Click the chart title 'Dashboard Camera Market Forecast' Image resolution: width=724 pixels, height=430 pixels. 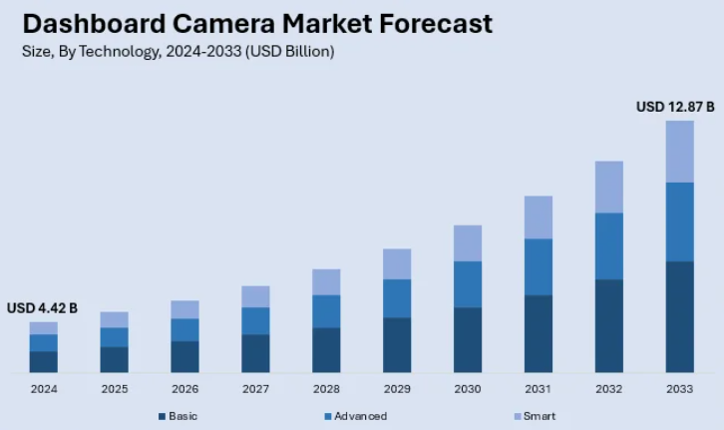257,24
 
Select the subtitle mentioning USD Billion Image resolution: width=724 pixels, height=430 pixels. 178,52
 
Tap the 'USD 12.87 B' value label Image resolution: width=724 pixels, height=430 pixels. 675,107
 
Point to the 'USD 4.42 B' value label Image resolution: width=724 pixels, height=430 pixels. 42,307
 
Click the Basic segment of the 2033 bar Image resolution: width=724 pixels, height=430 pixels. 679,316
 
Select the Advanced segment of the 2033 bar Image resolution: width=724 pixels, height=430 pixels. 679,221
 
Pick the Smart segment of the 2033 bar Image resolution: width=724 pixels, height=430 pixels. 679,152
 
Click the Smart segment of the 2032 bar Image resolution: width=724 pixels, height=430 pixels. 608,187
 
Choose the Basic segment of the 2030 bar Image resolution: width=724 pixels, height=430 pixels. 468,339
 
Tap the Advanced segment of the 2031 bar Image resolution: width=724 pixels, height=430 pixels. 539,266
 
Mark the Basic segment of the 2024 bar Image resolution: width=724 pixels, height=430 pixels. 43,361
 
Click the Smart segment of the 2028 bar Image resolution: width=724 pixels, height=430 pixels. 326,281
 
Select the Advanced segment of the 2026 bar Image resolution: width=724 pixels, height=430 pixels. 184,329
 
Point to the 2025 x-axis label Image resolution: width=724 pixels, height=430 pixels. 114,388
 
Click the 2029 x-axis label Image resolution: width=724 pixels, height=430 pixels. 397,388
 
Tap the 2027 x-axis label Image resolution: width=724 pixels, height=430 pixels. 255,388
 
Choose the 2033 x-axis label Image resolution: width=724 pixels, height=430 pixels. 679,388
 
